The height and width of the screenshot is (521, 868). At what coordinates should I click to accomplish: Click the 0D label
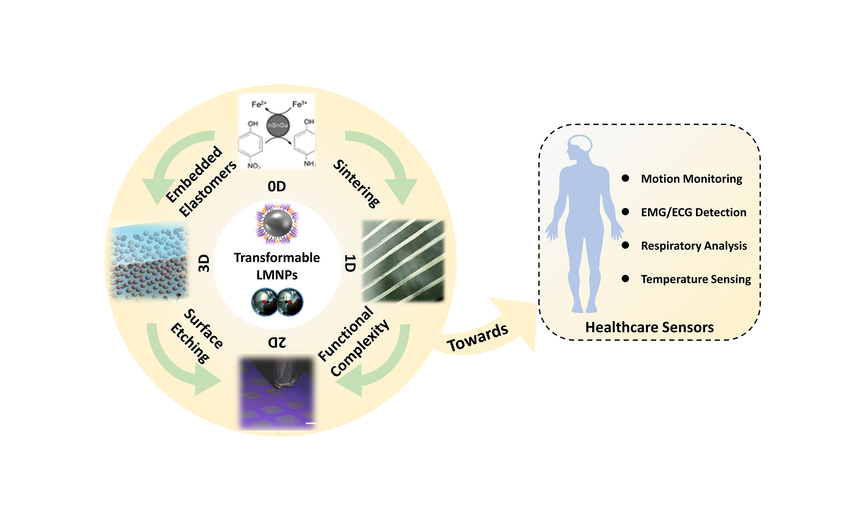tap(276, 187)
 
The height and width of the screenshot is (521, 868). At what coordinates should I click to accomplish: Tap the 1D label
tap(350, 263)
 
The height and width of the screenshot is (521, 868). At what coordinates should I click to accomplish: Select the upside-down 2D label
tap(277, 342)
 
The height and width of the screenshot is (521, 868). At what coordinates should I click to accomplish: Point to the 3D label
tap(204, 263)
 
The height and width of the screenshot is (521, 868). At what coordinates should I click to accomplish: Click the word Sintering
tap(356, 184)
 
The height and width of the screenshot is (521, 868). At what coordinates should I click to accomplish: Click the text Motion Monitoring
tap(691, 179)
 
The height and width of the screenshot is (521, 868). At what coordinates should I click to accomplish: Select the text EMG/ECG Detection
tap(693, 212)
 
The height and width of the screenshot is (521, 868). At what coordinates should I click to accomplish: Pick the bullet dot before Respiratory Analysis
tap(625, 245)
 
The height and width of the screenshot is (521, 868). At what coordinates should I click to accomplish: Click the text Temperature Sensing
tap(695, 279)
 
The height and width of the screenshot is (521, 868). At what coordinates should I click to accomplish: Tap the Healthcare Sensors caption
tap(649, 327)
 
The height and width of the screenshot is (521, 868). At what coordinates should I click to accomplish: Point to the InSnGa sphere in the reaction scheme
tap(278, 125)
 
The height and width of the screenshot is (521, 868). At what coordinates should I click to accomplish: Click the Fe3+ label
tap(299, 104)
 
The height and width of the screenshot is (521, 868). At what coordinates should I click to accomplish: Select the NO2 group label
tap(254, 166)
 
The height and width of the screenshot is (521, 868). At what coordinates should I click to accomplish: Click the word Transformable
tap(277, 257)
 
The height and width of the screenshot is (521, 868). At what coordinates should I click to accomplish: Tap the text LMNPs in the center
tap(277, 275)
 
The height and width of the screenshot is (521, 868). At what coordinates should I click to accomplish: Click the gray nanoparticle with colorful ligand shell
tap(277, 224)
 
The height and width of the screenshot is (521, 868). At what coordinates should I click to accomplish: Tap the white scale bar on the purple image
tap(311, 423)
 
